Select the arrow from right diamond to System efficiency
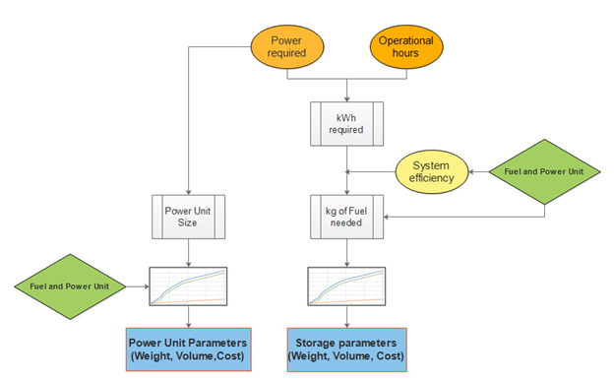pos(479,171)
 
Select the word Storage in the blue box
pos(317,342)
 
